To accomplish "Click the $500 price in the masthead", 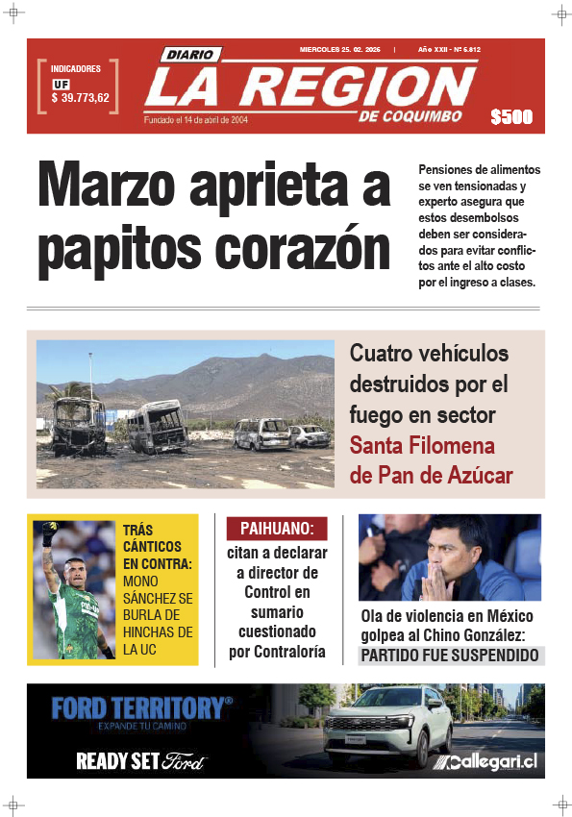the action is tap(510, 117).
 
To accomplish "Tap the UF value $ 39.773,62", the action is tap(80, 98).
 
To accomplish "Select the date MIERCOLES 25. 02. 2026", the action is tap(340, 49).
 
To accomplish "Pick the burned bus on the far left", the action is tap(79, 426).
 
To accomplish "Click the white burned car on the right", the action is tap(310, 436).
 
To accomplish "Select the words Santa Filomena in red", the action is tap(422, 446).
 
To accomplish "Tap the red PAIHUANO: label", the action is tap(277, 529).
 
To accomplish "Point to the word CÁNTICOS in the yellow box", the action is tap(151, 546).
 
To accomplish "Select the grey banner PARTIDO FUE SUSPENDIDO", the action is tap(449, 656).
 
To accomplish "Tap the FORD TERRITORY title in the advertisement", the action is tap(141, 708).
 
